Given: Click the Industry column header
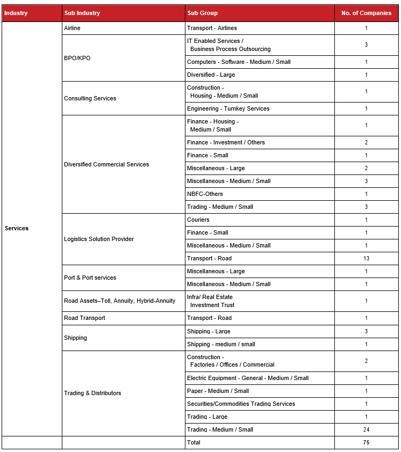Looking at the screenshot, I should pyautogui.click(x=16, y=13).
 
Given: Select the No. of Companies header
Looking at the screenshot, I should pyautogui.click(x=366, y=13).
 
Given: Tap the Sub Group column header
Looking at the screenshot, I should pyautogui.click(x=202, y=13).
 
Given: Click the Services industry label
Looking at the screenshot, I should pyautogui.click(x=17, y=228).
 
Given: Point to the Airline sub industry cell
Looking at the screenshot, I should pyautogui.click(x=72, y=28).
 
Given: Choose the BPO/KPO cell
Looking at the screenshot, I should pyautogui.click(x=77, y=58).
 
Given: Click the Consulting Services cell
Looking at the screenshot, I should pyautogui.click(x=90, y=98).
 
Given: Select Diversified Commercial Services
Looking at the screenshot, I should pyautogui.click(x=106, y=164).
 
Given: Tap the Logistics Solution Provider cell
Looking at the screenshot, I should pyautogui.click(x=99, y=239).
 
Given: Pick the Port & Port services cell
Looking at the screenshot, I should pyautogui.click(x=90, y=278).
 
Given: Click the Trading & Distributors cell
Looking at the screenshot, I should pyautogui.click(x=92, y=393).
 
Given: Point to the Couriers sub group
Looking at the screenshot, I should pyautogui.click(x=198, y=220).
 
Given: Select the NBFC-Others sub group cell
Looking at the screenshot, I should pyautogui.click(x=205, y=194).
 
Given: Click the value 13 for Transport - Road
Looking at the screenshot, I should pyautogui.click(x=366, y=258).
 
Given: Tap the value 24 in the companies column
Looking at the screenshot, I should pyautogui.click(x=366, y=429).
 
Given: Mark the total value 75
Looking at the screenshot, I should pyautogui.click(x=366, y=442).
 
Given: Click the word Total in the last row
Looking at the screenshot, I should pyautogui.click(x=194, y=442).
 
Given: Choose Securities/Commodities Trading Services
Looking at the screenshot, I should pyautogui.click(x=241, y=404).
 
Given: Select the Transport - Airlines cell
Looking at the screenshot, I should pyautogui.click(x=212, y=28).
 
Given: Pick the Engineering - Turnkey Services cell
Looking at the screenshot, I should pyautogui.click(x=228, y=108).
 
